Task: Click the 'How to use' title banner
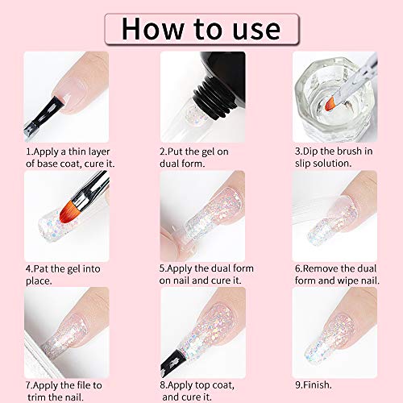click(201, 27)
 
